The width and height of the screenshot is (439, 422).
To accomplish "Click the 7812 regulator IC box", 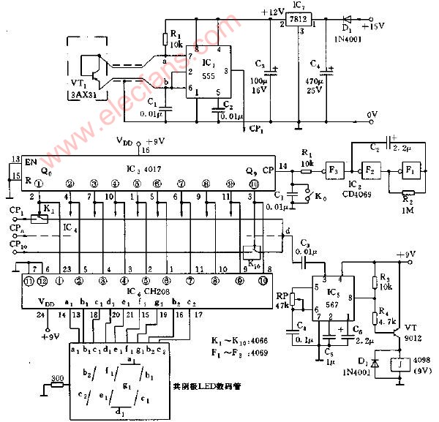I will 299,20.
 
